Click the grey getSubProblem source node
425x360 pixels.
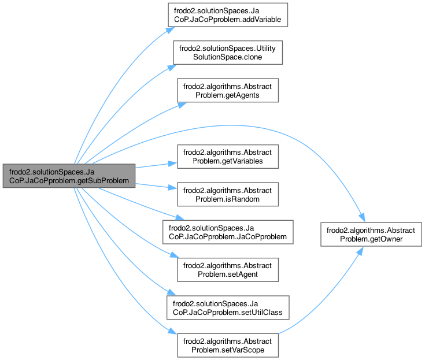(x=69, y=175)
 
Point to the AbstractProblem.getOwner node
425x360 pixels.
(x=364, y=232)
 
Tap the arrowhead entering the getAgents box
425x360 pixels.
(x=181, y=103)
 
